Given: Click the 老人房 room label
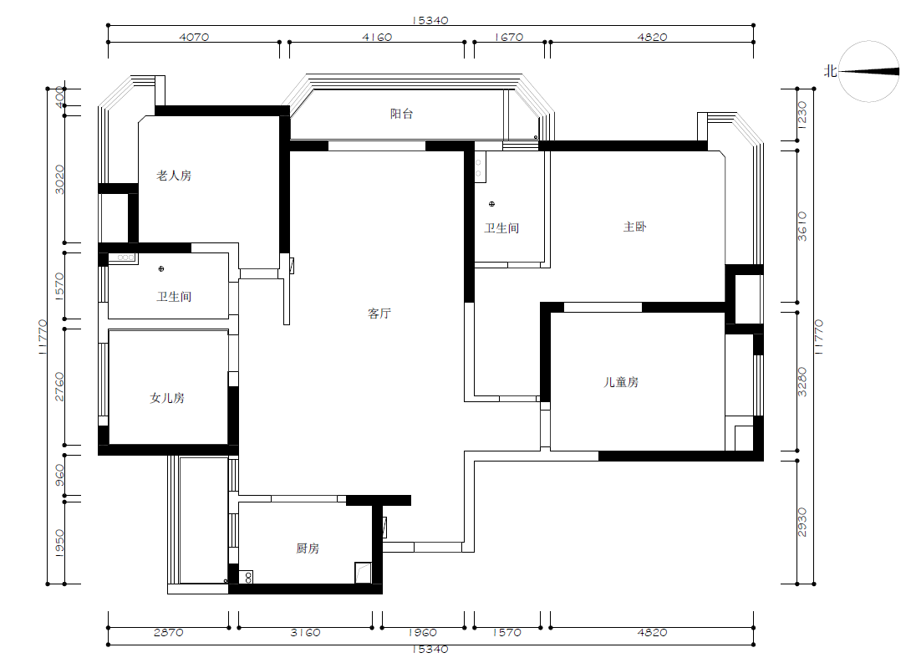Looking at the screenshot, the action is pos(174,176).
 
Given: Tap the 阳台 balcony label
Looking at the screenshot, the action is pos(401,114).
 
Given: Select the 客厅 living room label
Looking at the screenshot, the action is pos(379,314).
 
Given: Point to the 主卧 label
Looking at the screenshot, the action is pos(634,227).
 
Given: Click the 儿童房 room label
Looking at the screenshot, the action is pos(621,382).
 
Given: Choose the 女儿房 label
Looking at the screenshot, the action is pos(167,398).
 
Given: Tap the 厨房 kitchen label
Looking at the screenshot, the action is pos(308,548).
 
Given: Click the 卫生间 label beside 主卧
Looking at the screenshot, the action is pos(501,228).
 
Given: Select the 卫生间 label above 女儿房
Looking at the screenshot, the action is pos(174,297).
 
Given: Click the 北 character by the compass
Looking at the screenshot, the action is pos(830,71).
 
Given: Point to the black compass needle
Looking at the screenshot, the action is pos(868,71).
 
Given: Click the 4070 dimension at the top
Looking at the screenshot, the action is pos(194,37).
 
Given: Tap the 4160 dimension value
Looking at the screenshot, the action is pos(377,37).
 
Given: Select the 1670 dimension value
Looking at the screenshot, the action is pos(509,37).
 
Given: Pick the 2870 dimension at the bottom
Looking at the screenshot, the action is pos(169,632).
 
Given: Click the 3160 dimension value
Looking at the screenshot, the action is pos(305,632).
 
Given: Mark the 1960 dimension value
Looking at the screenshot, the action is pos(422,632).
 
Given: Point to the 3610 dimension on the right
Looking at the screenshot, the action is pos(802,226).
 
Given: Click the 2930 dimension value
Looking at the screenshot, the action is pos(802,523).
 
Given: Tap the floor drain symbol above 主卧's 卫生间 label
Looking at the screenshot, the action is pos(491,204).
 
